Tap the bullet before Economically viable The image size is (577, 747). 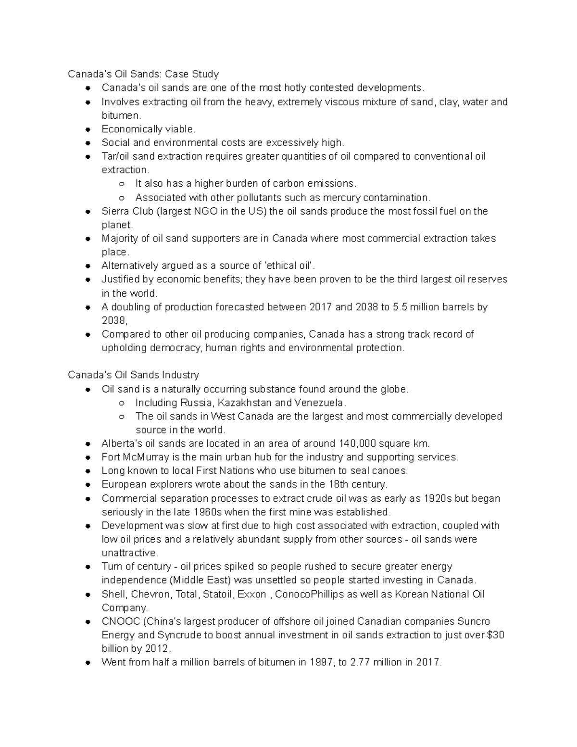click(88, 129)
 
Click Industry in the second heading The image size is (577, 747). click(181, 375)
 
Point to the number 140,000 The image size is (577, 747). click(359, 443)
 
